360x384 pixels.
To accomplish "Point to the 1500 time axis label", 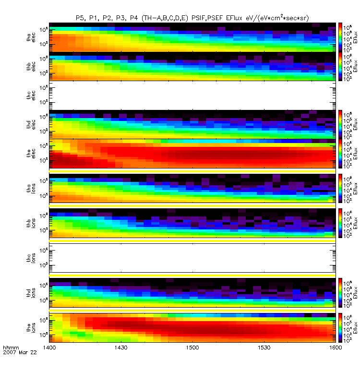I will tap(192, 347).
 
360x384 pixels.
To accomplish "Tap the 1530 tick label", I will tap(264, 347).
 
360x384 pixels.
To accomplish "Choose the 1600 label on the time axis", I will tap(336, 347).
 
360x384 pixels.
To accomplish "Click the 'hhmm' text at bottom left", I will tap(11, 347).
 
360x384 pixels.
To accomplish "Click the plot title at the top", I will tap(192, 18).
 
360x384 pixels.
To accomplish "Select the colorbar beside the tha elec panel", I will tap(340, 37).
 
